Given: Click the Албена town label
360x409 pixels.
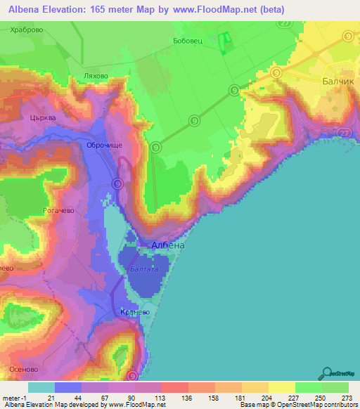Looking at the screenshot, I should pyautogui.click(x=168, y=245).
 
